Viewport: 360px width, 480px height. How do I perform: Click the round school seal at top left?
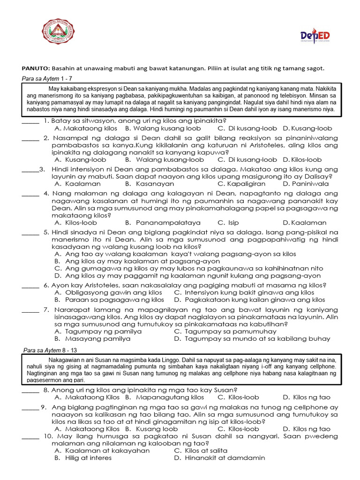pos(56,32)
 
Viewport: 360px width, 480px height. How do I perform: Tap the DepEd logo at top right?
pos(315,37)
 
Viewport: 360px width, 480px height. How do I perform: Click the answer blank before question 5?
pos(30,232)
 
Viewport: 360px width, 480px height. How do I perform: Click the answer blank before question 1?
pos(30,120)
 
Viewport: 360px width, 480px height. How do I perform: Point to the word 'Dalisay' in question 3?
pos(318,176)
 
